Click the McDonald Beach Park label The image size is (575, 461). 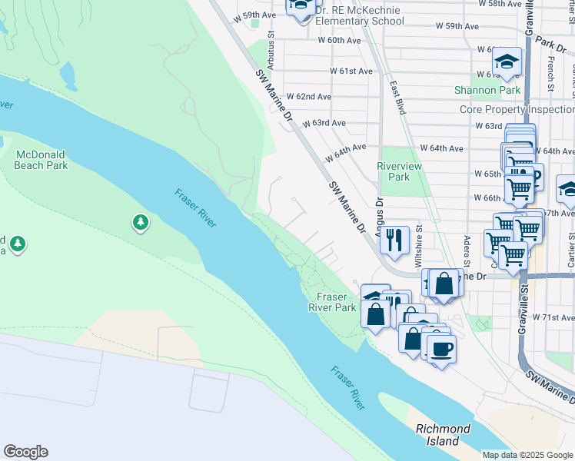pos(42,159)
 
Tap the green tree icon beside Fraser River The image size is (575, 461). pos(140,223)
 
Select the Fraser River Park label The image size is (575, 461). pos(337,302)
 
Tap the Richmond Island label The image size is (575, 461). pos(443,435)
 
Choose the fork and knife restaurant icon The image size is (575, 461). pos(394,240)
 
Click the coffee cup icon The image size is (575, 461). pos(441,349)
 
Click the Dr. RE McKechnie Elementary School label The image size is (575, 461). pos(359,15)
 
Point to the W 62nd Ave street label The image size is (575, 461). pos(308,97)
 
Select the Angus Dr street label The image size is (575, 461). pos(379,214)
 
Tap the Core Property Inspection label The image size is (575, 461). pos(517,109)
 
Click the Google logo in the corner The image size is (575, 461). pos(25,452)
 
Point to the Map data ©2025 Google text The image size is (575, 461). pos(527,455)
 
